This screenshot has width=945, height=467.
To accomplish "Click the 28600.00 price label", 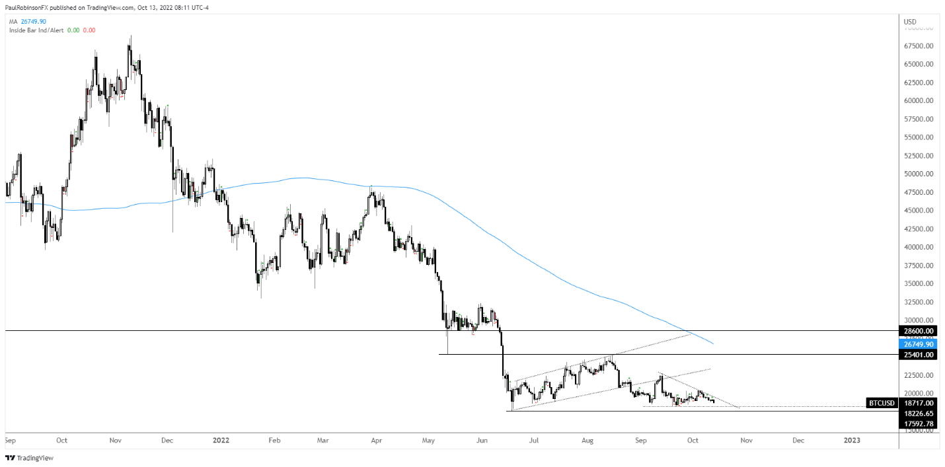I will click(x=919, y=331).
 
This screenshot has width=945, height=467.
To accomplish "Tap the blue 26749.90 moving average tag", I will click(x=919, y=344).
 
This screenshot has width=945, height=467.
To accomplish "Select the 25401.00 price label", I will click(x=919, y=355).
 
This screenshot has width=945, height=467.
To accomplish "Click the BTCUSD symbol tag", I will click(x=882, y=403).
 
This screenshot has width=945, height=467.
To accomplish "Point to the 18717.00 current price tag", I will click(x=919, y=403).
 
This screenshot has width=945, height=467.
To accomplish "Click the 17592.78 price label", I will click(x=919, y=423).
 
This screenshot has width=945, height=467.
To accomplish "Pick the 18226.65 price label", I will click(x=919, y=413).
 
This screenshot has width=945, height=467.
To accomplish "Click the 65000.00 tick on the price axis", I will click(x=919, y=64).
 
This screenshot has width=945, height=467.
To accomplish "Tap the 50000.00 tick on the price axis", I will click(x=919, y=174).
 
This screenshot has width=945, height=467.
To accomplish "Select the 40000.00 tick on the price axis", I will click(x=919, y=247).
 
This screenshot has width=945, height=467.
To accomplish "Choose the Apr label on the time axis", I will click(x=376, y=439).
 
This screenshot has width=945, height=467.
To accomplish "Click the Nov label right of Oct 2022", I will click(x=746, y=439).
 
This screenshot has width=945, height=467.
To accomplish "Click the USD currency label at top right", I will click(x=910, y=22).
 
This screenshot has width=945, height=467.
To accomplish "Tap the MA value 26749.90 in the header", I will click(x=33, y=21).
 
